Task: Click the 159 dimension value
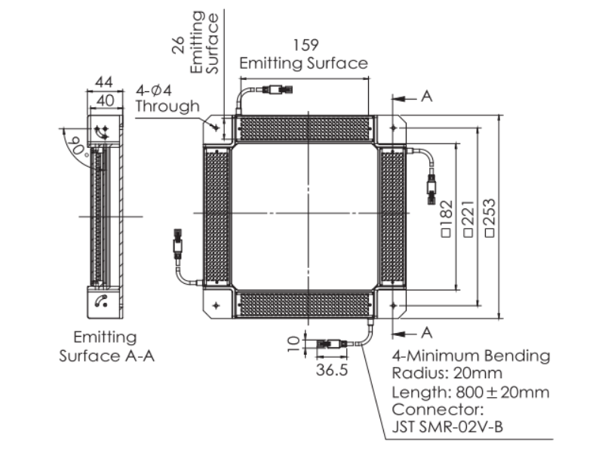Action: coord(305,45)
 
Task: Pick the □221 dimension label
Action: coord(468,219)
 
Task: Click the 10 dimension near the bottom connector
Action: coord(293,344)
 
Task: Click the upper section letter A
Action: coord(427,97)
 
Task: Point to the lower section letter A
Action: coord(427,331)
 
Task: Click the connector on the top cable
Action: coord(275,91)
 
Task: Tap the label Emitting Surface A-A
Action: coord(106,346)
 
